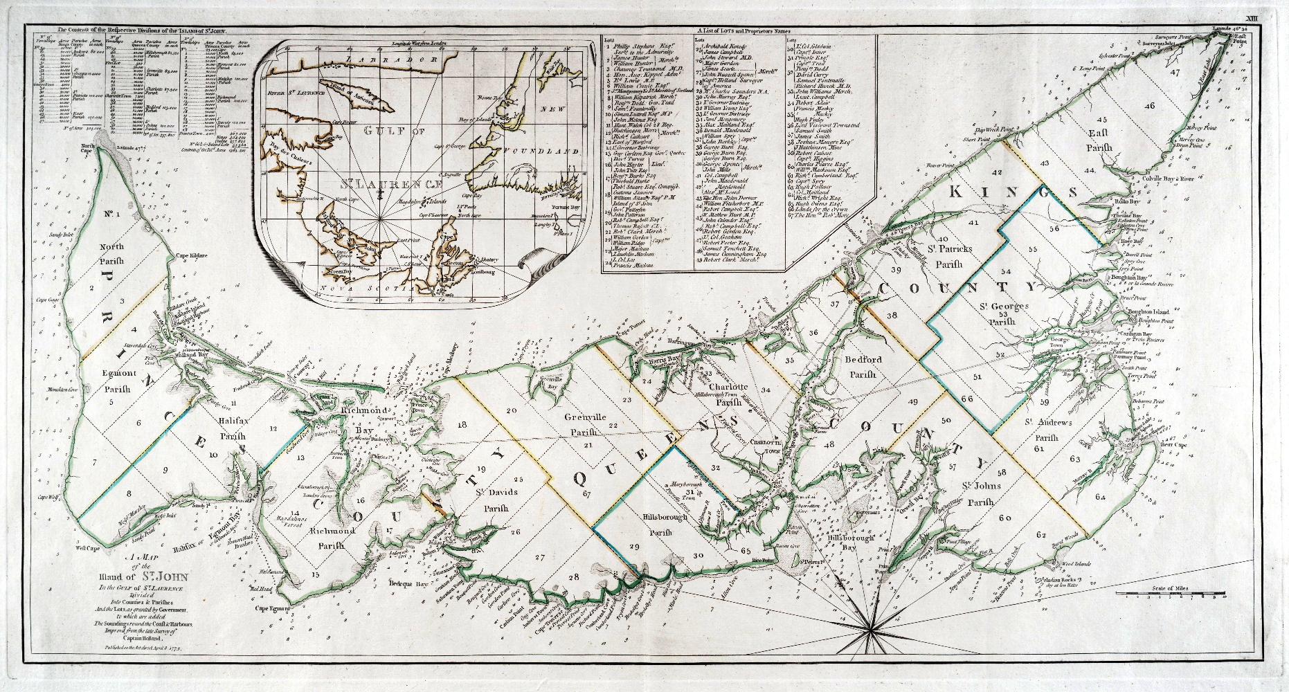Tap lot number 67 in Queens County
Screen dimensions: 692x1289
[588, 493]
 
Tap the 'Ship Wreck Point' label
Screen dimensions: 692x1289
[978, 129]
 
